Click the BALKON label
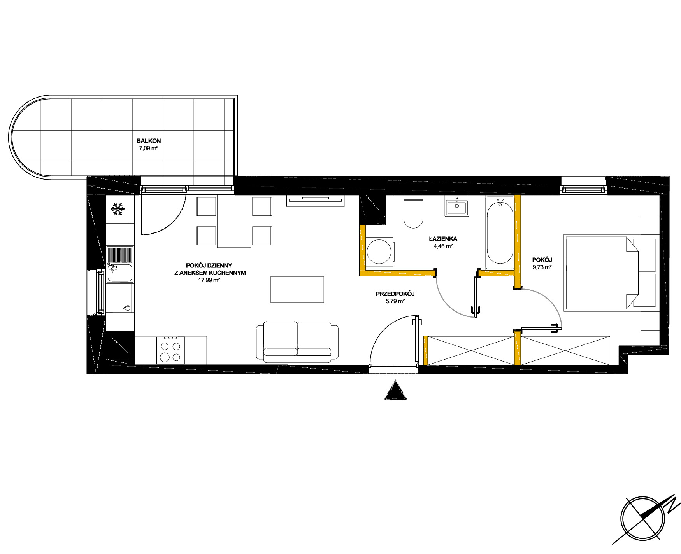(148, 141)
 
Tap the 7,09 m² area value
(149, 148)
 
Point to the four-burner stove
(171, 350)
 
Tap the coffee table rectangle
(297, 289)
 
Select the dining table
(234, 221)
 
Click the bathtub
(500, 232)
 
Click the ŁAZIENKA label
(443, 239)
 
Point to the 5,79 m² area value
(395, 301)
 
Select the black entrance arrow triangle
(395, 390)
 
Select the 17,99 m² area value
(210, 280)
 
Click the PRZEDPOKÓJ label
(395, 294)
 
